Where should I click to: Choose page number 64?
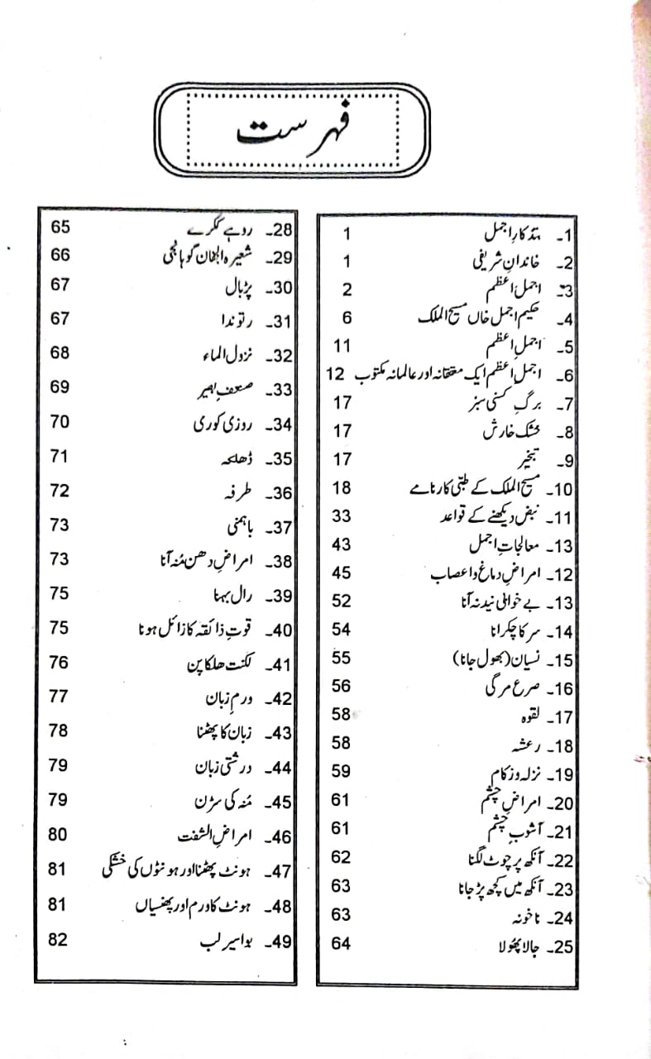[x=341, y=943]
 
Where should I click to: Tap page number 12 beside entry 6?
[x=335, y=376]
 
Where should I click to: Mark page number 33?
[x=341, y=515]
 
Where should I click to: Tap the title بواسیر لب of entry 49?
[x=226, y=941]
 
